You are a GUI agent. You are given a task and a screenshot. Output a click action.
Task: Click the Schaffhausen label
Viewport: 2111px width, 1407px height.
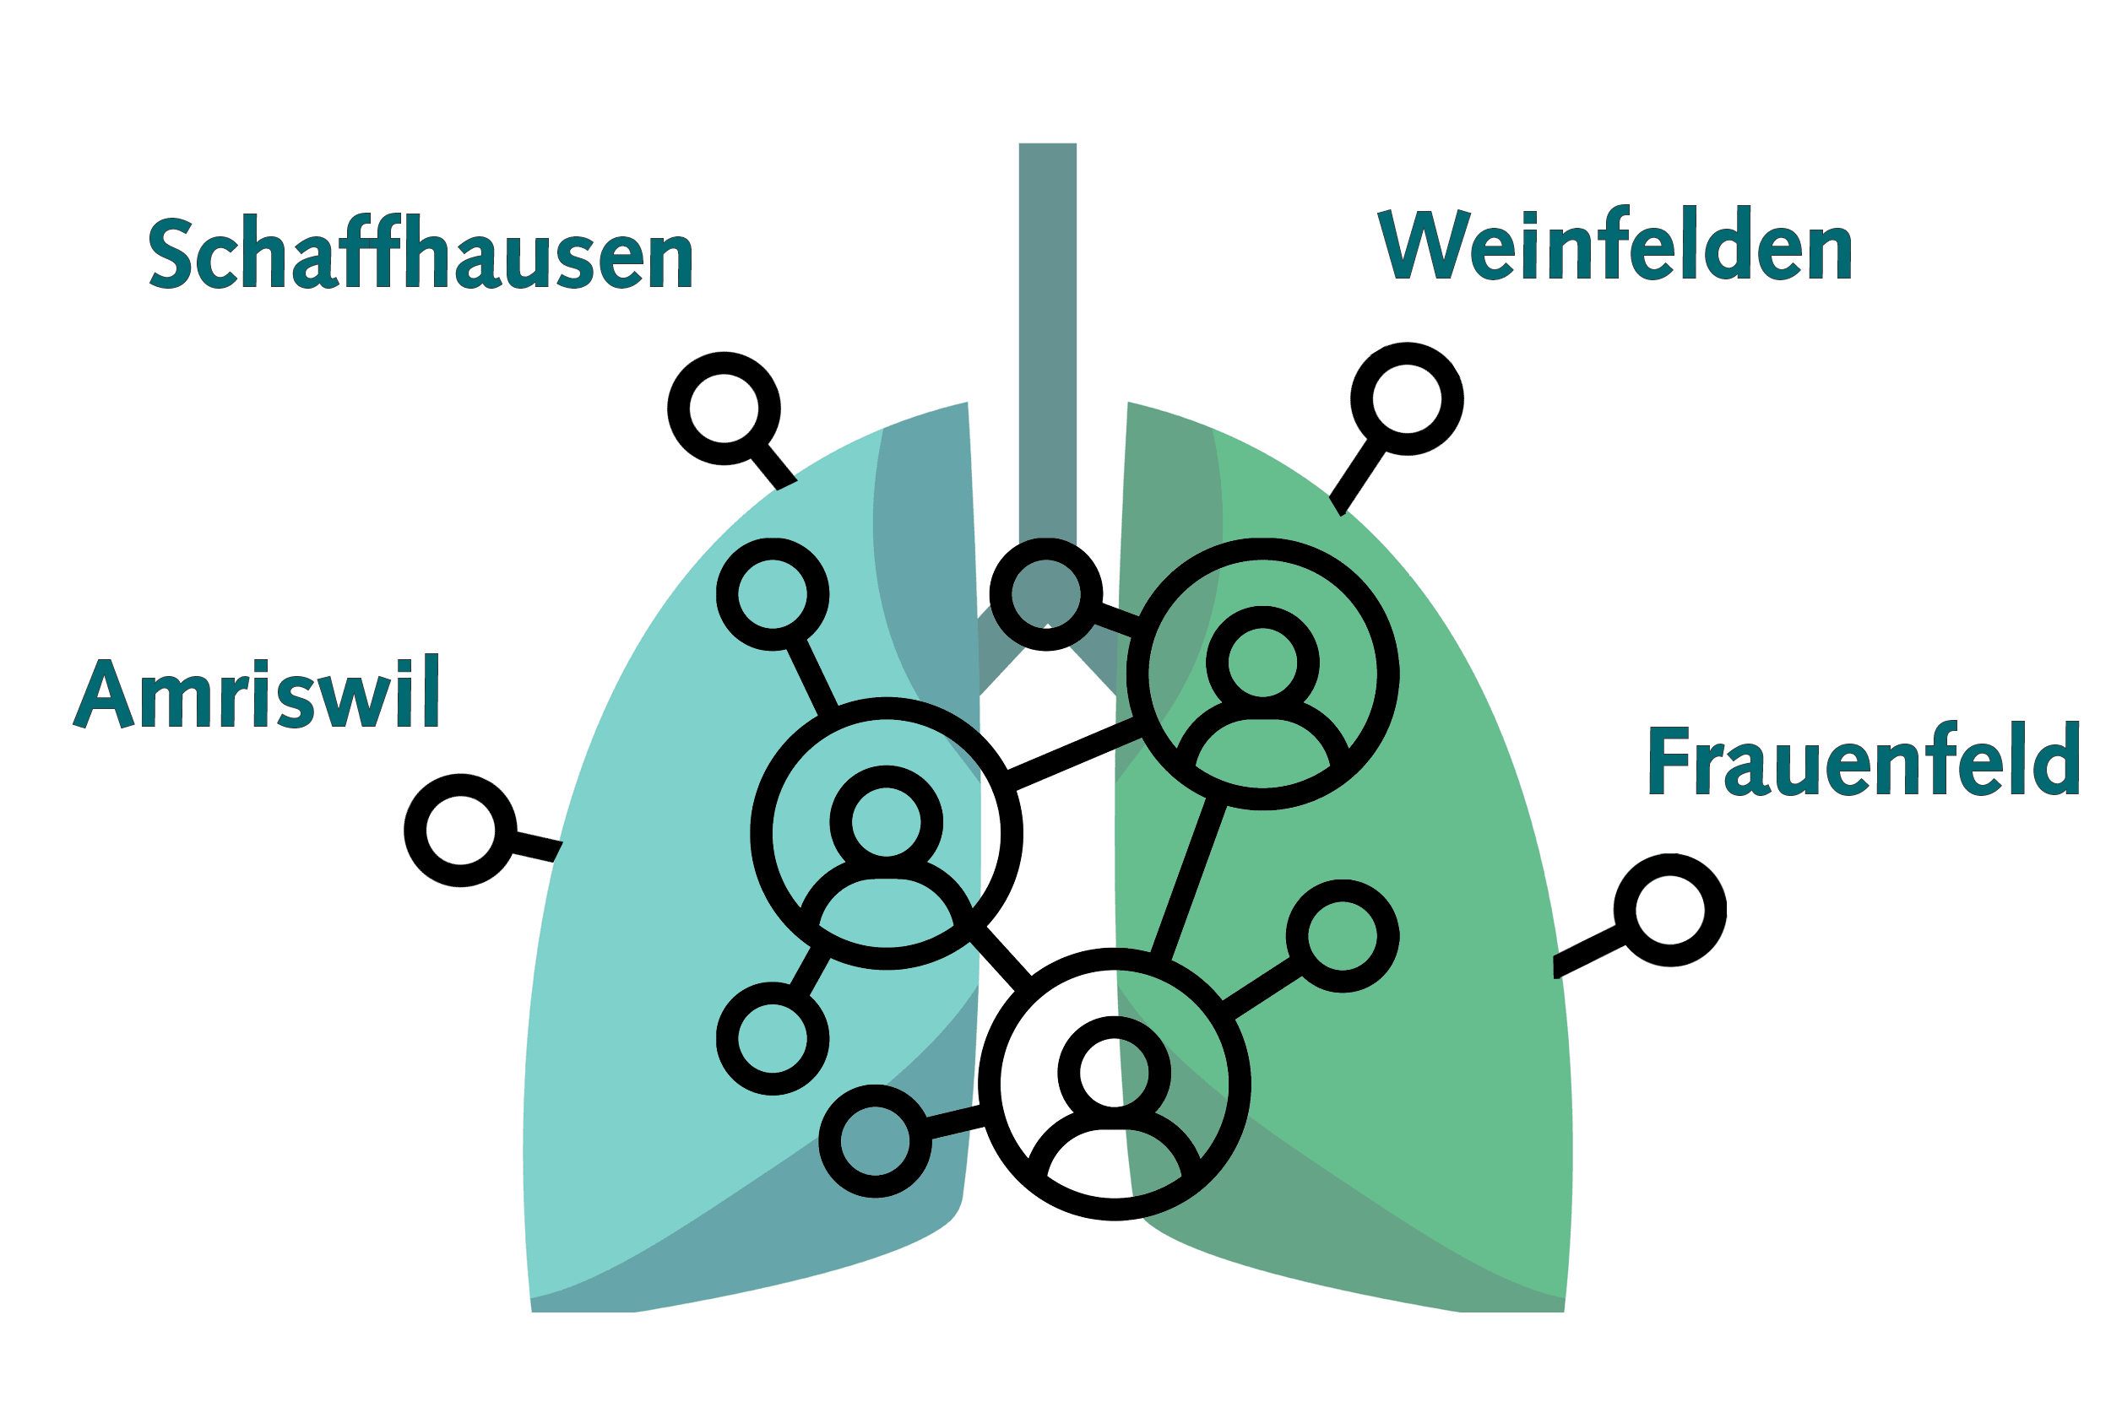(420, 252)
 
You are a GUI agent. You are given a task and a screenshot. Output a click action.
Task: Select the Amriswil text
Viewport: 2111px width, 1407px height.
(256, 692)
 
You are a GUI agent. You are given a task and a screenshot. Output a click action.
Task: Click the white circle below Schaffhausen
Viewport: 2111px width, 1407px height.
(724, 409)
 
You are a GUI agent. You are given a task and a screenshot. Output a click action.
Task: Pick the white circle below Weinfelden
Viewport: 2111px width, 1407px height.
(1407, 398)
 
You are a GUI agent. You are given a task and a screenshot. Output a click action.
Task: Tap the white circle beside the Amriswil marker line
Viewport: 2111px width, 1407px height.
(460, 830)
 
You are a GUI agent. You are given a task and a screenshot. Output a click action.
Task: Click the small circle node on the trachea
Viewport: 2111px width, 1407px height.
(1045, 594)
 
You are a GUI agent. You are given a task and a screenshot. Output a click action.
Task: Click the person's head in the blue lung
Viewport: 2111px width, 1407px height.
(886, 822)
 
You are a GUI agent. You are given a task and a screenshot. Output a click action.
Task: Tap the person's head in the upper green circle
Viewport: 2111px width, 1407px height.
(1263, 663)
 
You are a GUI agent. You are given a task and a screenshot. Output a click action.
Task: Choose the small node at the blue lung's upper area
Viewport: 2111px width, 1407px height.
(772, 594)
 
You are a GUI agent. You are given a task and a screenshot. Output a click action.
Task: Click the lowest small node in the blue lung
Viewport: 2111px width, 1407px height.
(772, 1038)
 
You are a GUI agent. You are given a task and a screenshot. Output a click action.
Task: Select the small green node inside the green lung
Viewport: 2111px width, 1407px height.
(1342, 936)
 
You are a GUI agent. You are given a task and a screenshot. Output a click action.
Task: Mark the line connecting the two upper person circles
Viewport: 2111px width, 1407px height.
(1074, 754)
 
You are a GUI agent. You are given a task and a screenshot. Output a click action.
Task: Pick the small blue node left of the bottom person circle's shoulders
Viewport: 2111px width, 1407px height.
(874, 1140)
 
